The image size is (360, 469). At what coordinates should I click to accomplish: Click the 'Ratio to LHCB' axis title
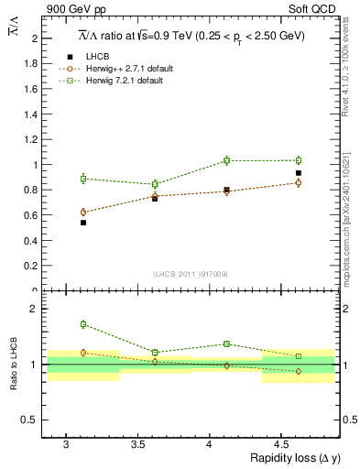click(13, 365)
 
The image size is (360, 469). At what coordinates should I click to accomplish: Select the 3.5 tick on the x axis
click(137, 444)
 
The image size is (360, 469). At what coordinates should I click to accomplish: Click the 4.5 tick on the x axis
click(282, 444)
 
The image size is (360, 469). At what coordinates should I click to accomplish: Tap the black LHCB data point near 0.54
click(83, 223)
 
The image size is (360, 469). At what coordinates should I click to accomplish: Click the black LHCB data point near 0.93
click(299, 173)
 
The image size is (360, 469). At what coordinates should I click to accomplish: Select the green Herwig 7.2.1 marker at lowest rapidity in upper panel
click(83, 179)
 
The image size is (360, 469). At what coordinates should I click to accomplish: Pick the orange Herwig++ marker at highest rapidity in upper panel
click(299, 183)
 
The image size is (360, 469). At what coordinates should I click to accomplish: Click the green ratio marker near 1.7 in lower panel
click(83, 324)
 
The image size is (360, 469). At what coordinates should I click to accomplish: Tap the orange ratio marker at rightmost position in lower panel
click(299, 371)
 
